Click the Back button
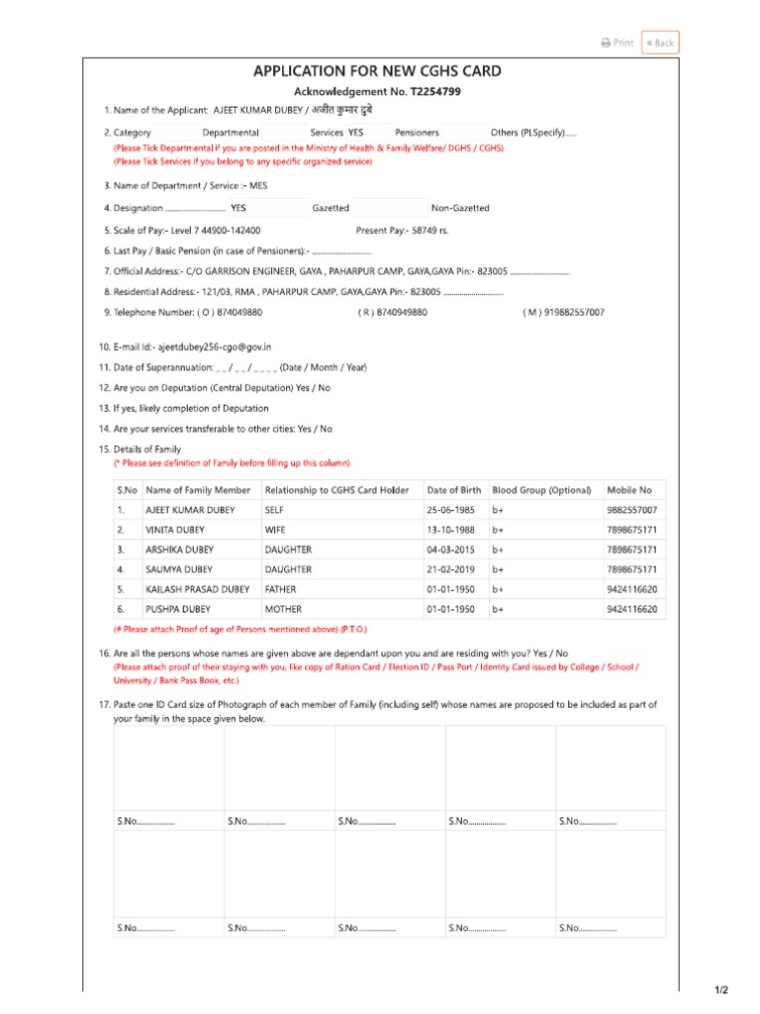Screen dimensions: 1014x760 pyautogui.click(x=660, y=43)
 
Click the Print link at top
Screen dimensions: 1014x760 pyautogui.click(x=617, y=43)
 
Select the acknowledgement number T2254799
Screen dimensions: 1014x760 pyautogui.click(x=428, y=91)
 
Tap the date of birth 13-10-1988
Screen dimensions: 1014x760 pyautogui.click(x=451, y=530)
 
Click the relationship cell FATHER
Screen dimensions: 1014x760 pyautogui.click(x=280, y=589)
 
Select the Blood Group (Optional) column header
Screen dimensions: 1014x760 pyautogui.click(x=541, y=490)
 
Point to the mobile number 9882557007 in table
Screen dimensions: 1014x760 pyautogui.click(x=631, y=510)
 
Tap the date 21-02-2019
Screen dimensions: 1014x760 pyautogui.click(x=451, y=569)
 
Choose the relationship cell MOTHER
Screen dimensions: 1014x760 pyautogui.click(x=283, y=609)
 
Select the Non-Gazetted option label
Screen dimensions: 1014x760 pyautogui.click(x=460, y=208)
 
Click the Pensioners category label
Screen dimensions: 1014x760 pyautogui.click(x=417, y=132)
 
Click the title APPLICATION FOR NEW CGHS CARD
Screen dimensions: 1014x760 pyautogui.click(x=377, y=70)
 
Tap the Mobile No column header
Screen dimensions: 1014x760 pyautogui.click(x=629, y=490)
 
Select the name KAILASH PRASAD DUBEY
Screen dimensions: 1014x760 pyautogui.click(x=198, y=589)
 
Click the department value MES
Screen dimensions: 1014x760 pyautogui.click(x=258, y=185)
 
